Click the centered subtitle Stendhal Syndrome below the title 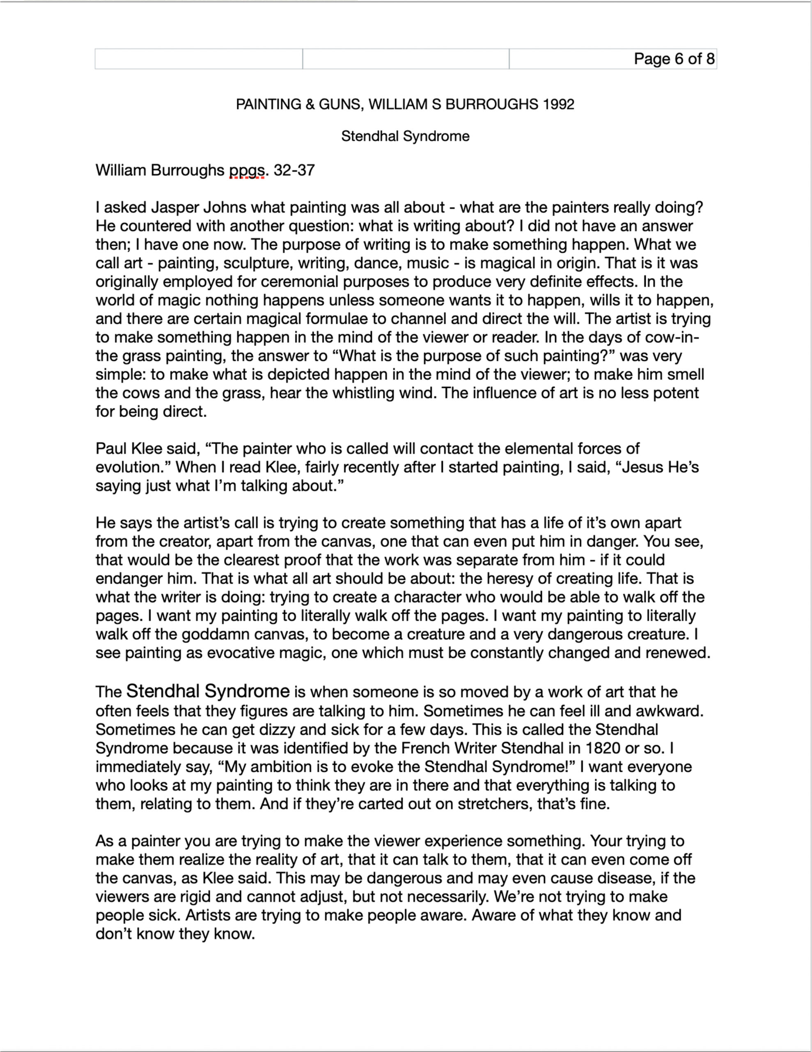point(405,136)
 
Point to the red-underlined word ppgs point(247,170)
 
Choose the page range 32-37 point(294,170)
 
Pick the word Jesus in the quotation point(645,467)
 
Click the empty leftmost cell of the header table point(198,59)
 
